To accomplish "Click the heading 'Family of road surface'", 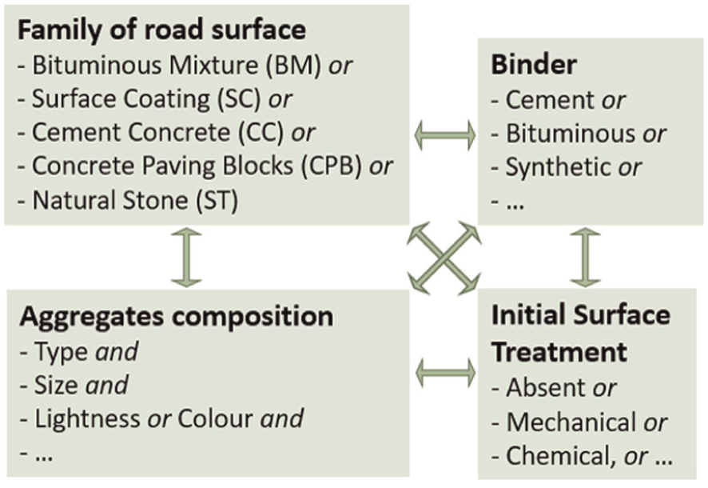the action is coord(161,30).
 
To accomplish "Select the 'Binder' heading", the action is coord(534,64).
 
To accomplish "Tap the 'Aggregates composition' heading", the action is coord(177,317).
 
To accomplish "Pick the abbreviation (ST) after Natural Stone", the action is coord(217,200).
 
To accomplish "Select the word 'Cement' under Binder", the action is coord(550,100).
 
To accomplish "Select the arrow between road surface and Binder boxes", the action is coord(445,134).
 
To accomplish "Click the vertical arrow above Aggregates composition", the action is coord(186,258).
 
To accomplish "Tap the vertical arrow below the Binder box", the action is coord(585,258).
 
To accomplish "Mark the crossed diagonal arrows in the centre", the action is coord(443,258).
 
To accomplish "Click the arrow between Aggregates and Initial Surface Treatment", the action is coord(445,373).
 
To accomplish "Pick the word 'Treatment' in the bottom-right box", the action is coord(559,351).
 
